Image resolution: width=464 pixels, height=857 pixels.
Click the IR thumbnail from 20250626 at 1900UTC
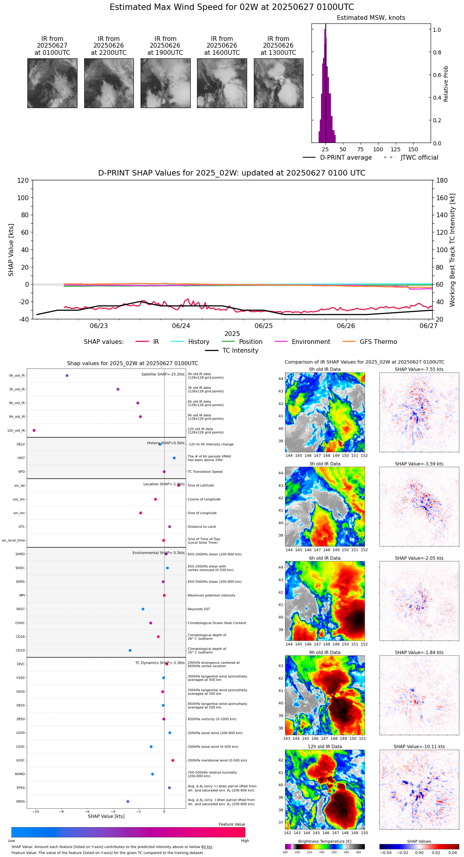point(165,83)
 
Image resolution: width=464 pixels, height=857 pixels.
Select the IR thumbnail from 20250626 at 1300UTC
point(278,83)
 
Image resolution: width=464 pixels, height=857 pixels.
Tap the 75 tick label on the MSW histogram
point(360,149)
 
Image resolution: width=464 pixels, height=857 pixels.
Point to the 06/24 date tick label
point(181,326)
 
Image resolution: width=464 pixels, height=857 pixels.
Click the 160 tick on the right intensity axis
point(443,198)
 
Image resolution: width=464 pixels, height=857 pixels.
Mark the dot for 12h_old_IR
point(34,430)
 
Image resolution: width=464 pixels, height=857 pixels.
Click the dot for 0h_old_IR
point(67,376)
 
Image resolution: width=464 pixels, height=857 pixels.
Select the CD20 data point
point(130,650)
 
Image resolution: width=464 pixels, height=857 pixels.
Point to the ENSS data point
point(128,801)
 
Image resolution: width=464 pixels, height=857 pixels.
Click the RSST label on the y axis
point(20,609)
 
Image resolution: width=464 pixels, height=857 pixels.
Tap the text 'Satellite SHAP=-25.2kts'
point(163,374)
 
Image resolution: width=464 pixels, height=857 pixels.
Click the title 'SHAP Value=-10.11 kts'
point(419,747)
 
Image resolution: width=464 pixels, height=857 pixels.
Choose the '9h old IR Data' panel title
point(325,652)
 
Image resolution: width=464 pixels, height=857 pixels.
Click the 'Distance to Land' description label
point(201,527)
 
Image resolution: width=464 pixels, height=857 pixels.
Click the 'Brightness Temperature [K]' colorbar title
point(325,842)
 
